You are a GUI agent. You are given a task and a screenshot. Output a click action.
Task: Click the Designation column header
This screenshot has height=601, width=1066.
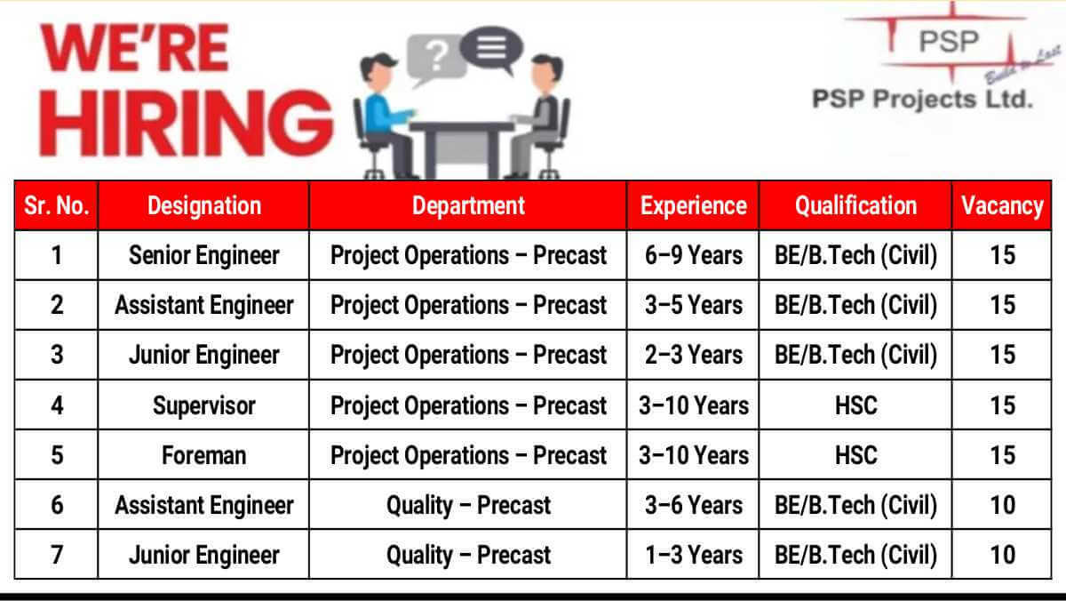click(x=204, y=205)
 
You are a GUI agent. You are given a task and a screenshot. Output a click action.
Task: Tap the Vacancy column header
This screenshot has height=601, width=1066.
click(x=1002, y=205)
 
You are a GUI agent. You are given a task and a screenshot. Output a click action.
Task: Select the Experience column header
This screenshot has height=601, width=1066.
click(x=694, y=205)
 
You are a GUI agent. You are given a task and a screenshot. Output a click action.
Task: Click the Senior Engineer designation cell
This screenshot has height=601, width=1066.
click(x=204, y=255)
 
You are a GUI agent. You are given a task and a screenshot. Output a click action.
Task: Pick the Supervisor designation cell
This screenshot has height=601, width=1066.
click(x=204, y=405)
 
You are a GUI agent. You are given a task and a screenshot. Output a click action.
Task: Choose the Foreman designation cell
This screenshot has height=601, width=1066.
click(x=204, y=455)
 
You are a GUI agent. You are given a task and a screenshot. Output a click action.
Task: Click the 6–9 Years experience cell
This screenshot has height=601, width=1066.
click(x=694, y=255)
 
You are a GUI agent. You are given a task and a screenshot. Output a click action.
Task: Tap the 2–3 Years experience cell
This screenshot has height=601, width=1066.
click(x=694, y=356)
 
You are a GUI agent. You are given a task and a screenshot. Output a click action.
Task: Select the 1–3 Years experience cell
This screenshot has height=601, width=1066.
click(x=694, y=556)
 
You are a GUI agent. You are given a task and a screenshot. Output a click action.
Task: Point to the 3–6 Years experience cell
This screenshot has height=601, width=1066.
click(x=694, y=505)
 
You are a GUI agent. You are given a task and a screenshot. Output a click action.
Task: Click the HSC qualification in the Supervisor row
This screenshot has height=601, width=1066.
click(x=856, y=405)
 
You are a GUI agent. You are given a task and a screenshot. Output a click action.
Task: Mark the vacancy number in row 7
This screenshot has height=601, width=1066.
click(x=1003, y=556)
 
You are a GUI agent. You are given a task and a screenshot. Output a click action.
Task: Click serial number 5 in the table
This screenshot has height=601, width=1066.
click(x=57, y=455)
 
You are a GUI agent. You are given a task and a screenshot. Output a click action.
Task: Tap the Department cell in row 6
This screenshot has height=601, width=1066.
click(x=468, y=505)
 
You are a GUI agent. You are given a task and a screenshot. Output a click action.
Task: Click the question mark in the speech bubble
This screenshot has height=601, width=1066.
click(x=436, y=55)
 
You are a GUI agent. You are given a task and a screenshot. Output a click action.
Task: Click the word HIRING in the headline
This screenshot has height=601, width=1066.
click(x=186, y=123)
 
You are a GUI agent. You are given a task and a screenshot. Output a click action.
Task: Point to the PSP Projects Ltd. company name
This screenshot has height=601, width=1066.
click(x=922, y=100)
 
